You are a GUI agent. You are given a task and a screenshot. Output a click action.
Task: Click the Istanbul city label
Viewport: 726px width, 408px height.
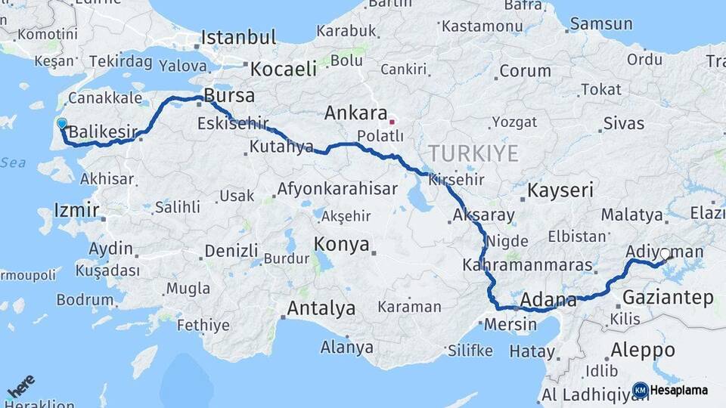[x=238, y=36]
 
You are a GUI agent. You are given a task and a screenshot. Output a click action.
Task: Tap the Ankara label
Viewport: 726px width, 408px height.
[x=355, y=113]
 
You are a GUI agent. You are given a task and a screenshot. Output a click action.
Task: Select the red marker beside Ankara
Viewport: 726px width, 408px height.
[x=392, y=121]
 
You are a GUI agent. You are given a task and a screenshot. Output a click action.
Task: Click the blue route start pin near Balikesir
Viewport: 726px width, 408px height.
[x=61, y=124]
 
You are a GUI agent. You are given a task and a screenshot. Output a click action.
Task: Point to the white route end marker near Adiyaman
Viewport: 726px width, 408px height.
[x=665, y=255]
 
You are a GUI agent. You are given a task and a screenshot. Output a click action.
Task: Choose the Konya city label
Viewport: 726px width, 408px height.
[x=342, y=244]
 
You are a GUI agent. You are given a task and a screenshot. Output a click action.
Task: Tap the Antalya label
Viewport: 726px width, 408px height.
[x=321, y=308]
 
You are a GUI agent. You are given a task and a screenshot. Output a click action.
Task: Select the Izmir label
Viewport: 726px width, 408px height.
[x=77, y=209]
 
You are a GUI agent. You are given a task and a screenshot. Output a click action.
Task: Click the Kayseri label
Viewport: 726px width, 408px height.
[x=560, y=190]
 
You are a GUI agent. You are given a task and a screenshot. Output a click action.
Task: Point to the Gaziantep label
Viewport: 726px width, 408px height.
[x=668, y=298]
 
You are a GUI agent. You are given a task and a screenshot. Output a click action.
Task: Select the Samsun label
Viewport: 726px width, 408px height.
[x=601, y=23]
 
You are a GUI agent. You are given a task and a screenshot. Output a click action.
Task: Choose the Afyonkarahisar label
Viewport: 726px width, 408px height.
[x=337, y=189]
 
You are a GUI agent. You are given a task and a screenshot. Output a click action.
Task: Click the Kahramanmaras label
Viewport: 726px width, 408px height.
[x=517, y=265]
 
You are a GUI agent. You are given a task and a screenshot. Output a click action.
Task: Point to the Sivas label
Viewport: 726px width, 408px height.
[x=625, y=123]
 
